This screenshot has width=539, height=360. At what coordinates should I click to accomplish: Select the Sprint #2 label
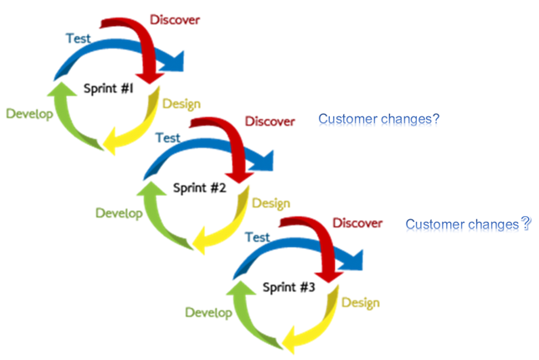(x=200, y=188)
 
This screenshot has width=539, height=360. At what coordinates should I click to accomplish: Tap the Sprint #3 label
(x=289, y=287)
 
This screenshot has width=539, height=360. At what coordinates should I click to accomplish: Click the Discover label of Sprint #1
(x=175, y=19)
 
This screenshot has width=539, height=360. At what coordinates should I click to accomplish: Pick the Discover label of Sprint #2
(x=269, y=121)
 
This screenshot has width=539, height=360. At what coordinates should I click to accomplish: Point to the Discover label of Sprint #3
(x=357, y=223)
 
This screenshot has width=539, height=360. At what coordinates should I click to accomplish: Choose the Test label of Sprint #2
(x=168, y=138)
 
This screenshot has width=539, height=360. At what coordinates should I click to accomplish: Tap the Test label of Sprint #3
(x=257, y=238)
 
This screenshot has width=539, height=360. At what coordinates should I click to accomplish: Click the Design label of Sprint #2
(x=271, y=203)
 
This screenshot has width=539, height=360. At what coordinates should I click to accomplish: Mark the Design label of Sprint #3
(x=360, y=302)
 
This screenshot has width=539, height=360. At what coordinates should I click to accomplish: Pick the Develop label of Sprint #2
(x=119, y=213)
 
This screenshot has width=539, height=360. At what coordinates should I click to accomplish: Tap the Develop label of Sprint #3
(x=208, y=313)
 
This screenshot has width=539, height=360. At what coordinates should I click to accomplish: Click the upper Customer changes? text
(x=379, y=120)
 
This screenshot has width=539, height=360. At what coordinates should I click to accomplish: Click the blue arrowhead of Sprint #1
(x=173, y=61)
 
